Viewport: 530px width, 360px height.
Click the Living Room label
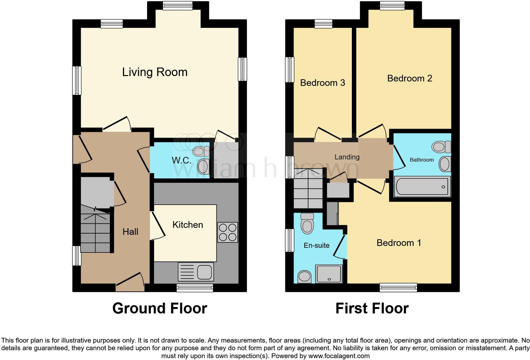pyautogui.click(x=155, y=72)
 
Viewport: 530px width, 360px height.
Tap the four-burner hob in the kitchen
pyautogui.click(x=228, y=232)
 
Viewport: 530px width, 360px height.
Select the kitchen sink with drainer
pyautogui.click(x=196, y=272)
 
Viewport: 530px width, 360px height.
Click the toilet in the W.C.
pyautogui.click(x=201, y=151)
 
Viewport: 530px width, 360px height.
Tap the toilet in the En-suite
pyautogui.click(x=307, y=223)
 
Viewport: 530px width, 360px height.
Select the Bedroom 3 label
pyautogui.click(x=322, y=83)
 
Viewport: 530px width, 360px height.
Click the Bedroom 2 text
pyautogui.click(x=410, y=78)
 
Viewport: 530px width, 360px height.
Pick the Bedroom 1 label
pyautogui.click(x=399, y=243)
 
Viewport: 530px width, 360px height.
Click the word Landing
pyautogui.click(x=347, y=157)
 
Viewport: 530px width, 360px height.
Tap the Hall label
pyautogui.click(x=130, y=232)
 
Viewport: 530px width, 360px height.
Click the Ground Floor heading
pyautogui.click(x=159, y=308)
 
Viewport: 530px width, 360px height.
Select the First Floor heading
pyautogui.click(x=372, y=308)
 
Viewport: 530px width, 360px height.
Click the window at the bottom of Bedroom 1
pyautogui.click(x=398, y=287)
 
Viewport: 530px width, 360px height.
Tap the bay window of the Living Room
pyautogui.click(x=178, y=5)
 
